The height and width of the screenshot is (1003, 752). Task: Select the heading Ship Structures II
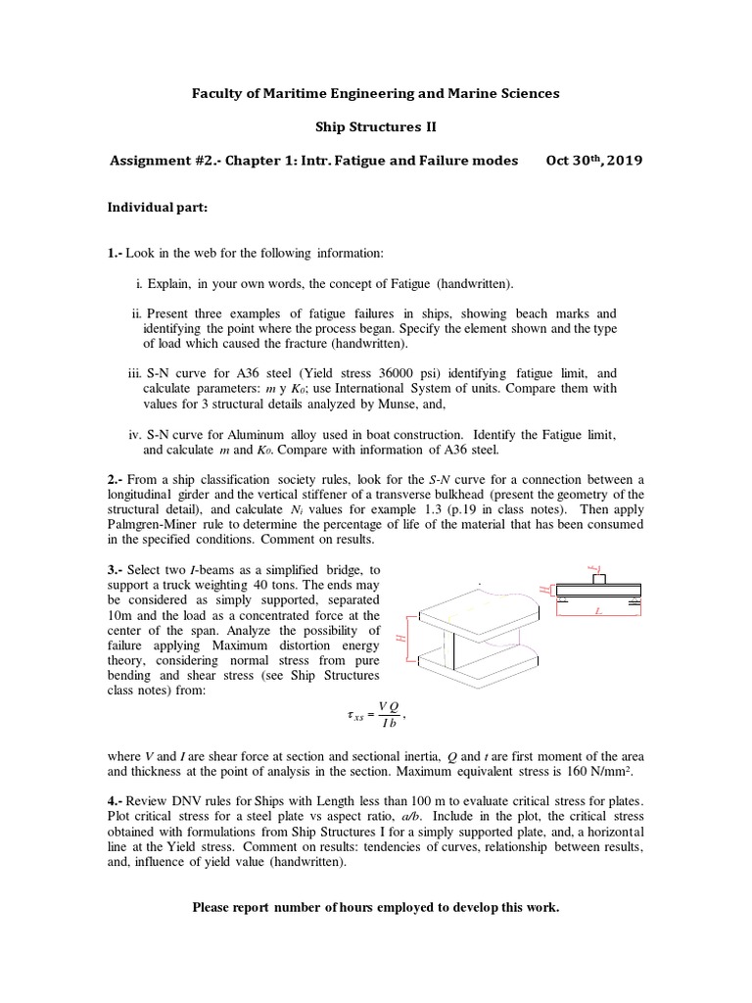pyautogui.click(x=376, y=126)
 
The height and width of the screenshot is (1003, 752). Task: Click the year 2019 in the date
pyautogui.click(x=622, y=160)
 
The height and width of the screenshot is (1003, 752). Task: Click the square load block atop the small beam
pyautogui.click(x=599, y=578)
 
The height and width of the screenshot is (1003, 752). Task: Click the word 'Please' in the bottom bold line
pyautogui.click(x=212, y=907)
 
